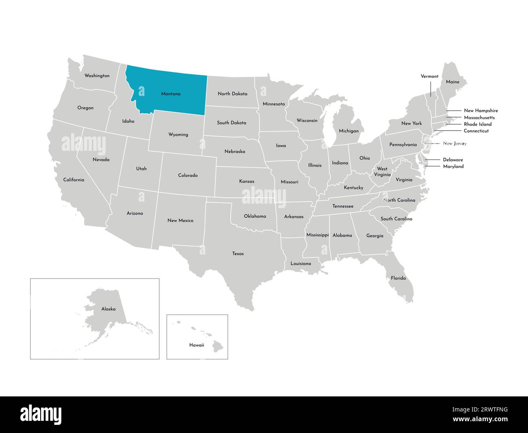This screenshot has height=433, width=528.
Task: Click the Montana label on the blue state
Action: click(171, 94)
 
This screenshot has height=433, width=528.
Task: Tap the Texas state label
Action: click(238, 254)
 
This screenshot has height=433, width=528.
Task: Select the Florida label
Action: click(398, 278)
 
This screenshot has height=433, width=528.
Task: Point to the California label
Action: click(74, 180)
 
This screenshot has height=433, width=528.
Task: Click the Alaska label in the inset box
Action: click(108, 309)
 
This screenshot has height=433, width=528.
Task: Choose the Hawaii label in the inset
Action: click(197, 345)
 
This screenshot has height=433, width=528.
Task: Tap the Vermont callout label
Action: click(429, 76)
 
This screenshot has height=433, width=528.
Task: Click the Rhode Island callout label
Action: click(478, 124)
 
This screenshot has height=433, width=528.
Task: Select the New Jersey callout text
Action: click(454, 144)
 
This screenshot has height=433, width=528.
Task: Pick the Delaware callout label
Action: click(453, 160)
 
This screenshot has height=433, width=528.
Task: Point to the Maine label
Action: click(452, 82)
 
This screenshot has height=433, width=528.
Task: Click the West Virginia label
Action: click(382, 172)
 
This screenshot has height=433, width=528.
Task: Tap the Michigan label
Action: click(349, 131)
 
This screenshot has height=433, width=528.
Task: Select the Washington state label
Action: click(97, 76)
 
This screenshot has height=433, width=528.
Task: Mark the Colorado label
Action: click(188, 176)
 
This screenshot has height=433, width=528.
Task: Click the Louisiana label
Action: click(301, 264)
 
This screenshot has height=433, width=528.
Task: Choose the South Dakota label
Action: click(232, 123)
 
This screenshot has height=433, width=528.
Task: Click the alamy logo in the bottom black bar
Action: click(41, 414)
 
